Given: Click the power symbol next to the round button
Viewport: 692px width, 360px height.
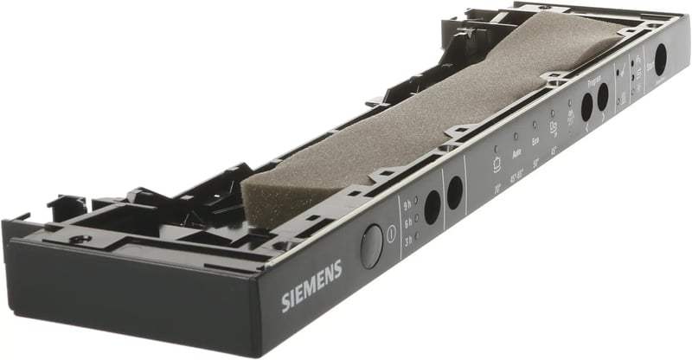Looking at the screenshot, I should (x=391, y=233).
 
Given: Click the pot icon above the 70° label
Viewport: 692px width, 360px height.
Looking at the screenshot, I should (x=497, y=162).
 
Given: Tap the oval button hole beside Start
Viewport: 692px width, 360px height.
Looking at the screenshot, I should (x=660, y=59).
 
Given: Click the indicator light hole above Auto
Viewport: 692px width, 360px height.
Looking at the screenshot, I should (x=515, y=136).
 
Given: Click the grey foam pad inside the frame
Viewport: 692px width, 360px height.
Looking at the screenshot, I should (x=415, y=121).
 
